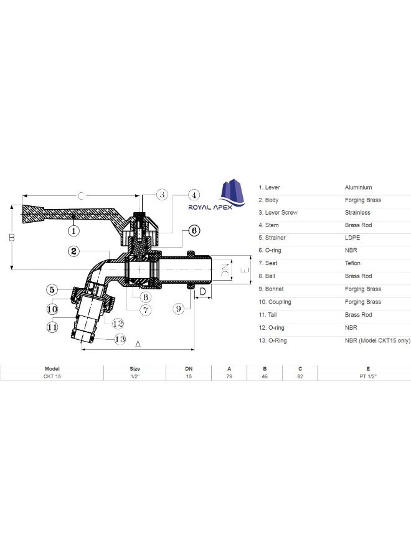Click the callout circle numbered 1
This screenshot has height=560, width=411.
pos(73,231)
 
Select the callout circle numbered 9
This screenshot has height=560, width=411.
pos(179,307)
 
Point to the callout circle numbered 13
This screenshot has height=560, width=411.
pos(120,339)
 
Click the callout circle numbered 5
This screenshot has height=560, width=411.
pos(52,289)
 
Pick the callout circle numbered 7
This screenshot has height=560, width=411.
pos(144,309)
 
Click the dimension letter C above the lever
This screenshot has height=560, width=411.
pos(80,197)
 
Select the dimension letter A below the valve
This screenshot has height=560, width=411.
pos(138,343)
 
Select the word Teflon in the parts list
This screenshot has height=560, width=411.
pos(352,263)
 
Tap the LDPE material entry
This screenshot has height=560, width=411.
pos(352,238)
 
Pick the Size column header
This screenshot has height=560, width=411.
pos(135,369)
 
